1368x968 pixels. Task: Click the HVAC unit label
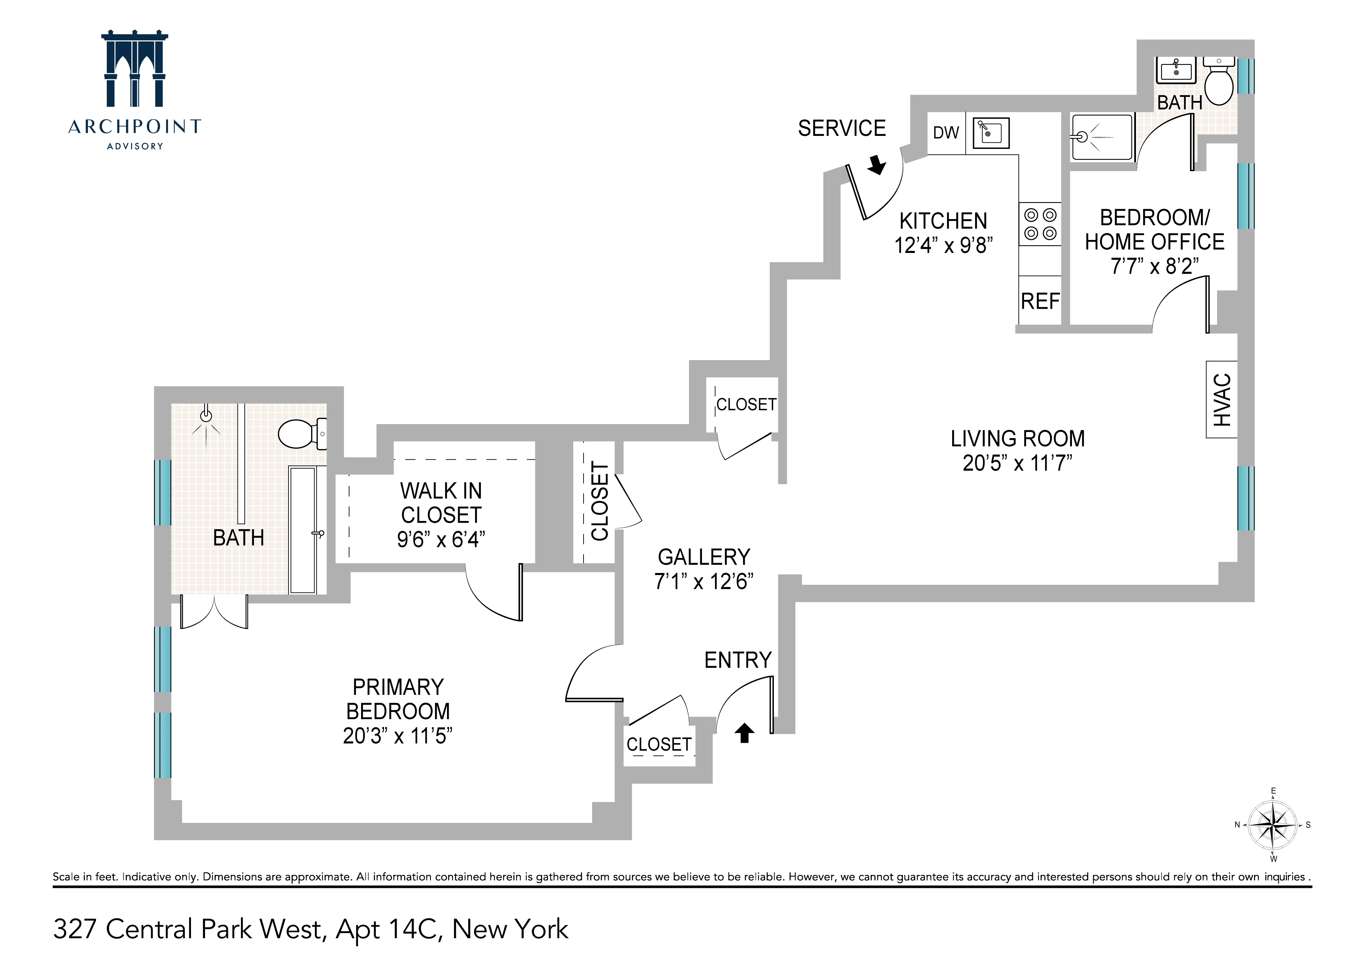click(x=1222, y=400)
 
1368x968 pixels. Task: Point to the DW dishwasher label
click(x=946, y=132)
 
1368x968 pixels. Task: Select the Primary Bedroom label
click(x=398, y=699)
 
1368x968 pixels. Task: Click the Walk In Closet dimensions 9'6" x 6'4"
click(x=441, y=539)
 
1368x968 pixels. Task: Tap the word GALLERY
click(x=704, y=557)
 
